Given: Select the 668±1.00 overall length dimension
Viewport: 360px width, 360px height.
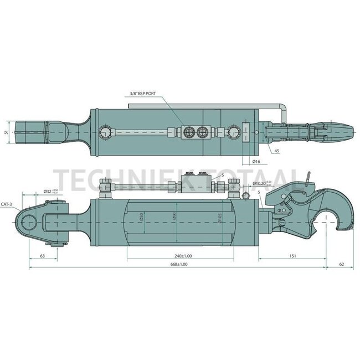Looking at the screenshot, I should pyautogui.click(x=179, y=265).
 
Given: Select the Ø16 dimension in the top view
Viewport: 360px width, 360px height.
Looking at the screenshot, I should pyautogui.click(x=256, y=161).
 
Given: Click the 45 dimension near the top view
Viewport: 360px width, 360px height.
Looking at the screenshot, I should pyautogui.click(x=276, y=150).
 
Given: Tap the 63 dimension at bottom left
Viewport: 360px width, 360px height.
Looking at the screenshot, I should pyautogui.click(x=42, y=256).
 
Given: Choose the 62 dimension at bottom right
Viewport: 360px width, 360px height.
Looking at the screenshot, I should pyautogui.click(x=341, y=265).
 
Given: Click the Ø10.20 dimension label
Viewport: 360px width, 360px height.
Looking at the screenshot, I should pyautogui.click(x=260, y=183).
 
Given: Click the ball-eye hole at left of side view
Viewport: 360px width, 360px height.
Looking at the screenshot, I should pyautogui.click(x=29, y=222).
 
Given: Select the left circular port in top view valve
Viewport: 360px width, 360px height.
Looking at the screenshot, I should pyautogui.click(x=189, y=131).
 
